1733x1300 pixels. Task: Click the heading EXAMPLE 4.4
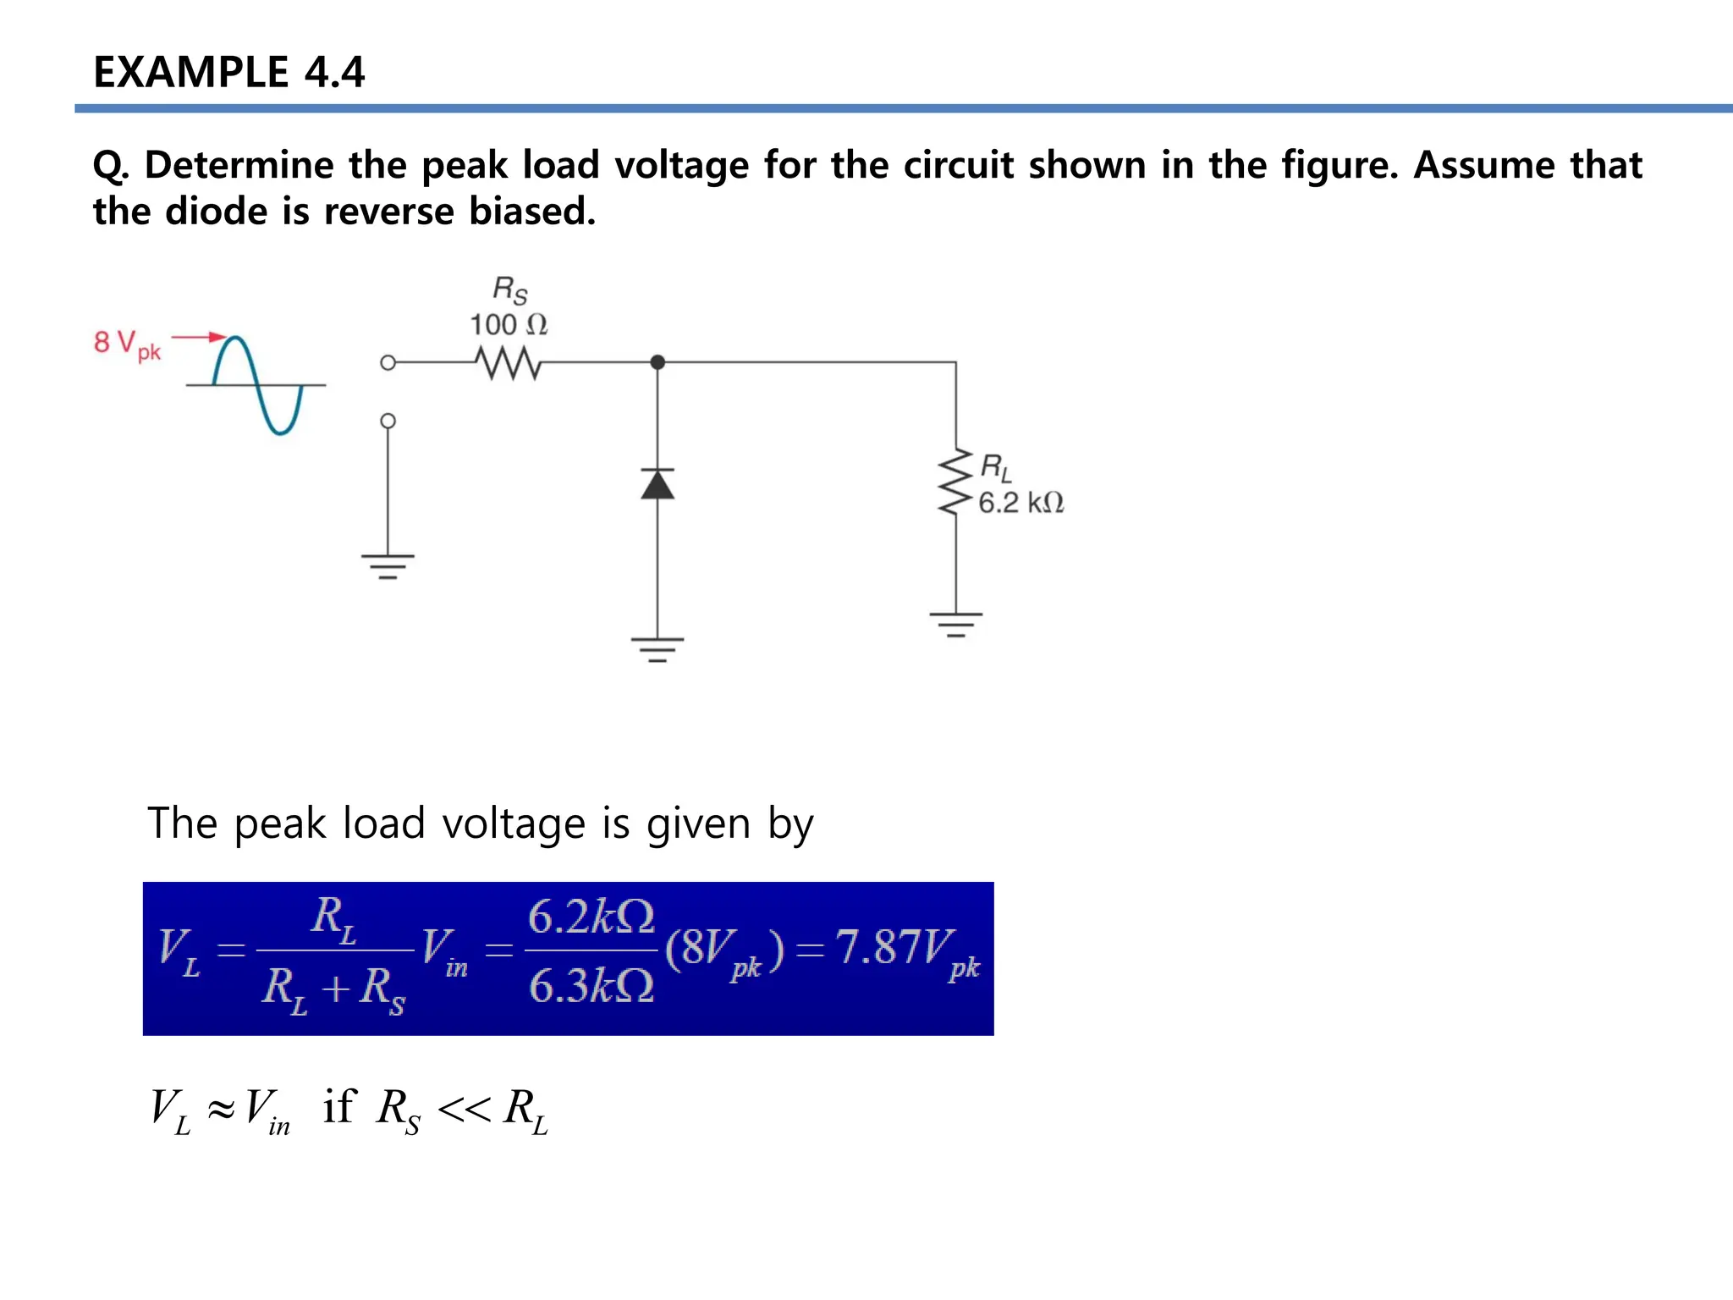[x=228, y=71]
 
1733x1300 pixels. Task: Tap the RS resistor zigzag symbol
[x=509, y=362]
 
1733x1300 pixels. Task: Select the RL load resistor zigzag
[x=956, y=482]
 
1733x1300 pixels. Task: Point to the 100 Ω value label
[x=509, y=325]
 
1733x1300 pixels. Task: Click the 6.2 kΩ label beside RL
[x=1021, y=503]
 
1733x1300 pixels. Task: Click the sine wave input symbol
[x=256, y=385]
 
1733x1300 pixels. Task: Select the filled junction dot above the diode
[x=657, y=362]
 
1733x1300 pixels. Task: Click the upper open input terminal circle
[x=388, y=362]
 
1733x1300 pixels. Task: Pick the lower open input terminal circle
[x=388, y=421]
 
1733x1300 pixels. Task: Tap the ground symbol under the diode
[x=657, y=649]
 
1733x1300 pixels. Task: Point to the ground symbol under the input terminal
[x=388, y=566]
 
